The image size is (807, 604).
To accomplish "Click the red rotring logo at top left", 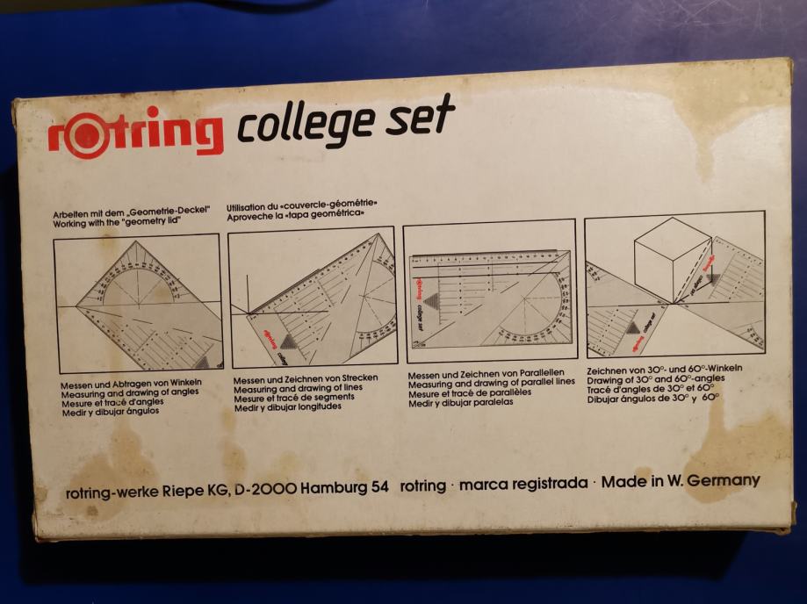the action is click(136, 133).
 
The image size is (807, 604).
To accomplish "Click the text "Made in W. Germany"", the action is click(681, 482).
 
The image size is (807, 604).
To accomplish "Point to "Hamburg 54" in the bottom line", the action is click(344, 487).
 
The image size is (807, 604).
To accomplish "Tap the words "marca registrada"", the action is click(522, 484).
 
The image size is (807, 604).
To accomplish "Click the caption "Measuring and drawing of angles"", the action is click(130, 393).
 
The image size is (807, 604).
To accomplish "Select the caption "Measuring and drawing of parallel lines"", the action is click(491, 383).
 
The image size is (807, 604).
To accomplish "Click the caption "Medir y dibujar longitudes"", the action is click(288, 407).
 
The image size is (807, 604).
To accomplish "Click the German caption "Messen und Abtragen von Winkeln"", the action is click(131, 385).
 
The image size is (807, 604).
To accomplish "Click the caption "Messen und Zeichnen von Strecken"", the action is click(306, 379).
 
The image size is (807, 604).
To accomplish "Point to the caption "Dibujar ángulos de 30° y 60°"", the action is click(653, 399).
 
